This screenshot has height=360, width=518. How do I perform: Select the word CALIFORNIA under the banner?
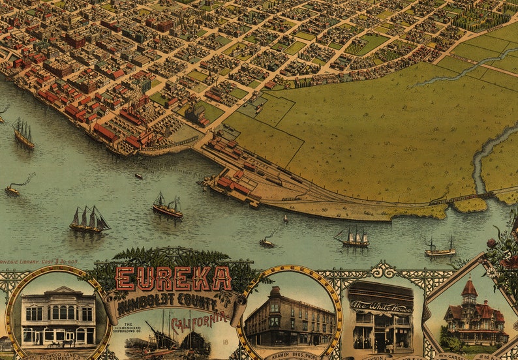point(200,320)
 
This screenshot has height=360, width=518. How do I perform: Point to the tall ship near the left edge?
point(23,133)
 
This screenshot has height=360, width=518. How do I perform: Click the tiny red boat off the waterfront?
point(138,176)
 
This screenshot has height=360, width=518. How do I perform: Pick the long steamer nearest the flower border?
point(440,249)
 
